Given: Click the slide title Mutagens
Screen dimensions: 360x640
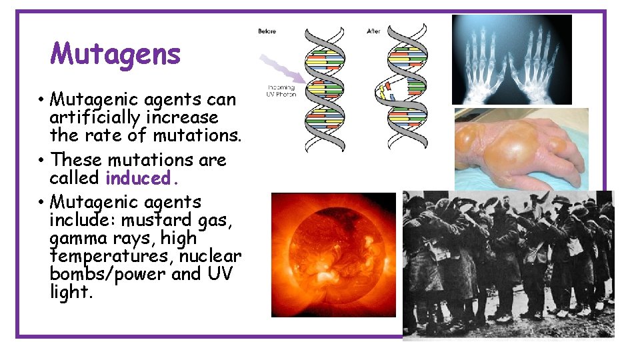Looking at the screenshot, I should click(115, 54).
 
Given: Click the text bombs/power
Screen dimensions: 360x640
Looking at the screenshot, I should click(107, 275).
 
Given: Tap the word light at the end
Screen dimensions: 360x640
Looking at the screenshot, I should click(69, 293).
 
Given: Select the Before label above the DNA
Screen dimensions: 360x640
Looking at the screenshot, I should click(267, 31).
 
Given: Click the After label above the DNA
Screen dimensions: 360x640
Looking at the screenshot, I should click(374, 31).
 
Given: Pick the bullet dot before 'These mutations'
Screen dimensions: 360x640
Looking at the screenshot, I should click(41, 161).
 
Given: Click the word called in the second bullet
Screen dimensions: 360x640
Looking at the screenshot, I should click(75, 179).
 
